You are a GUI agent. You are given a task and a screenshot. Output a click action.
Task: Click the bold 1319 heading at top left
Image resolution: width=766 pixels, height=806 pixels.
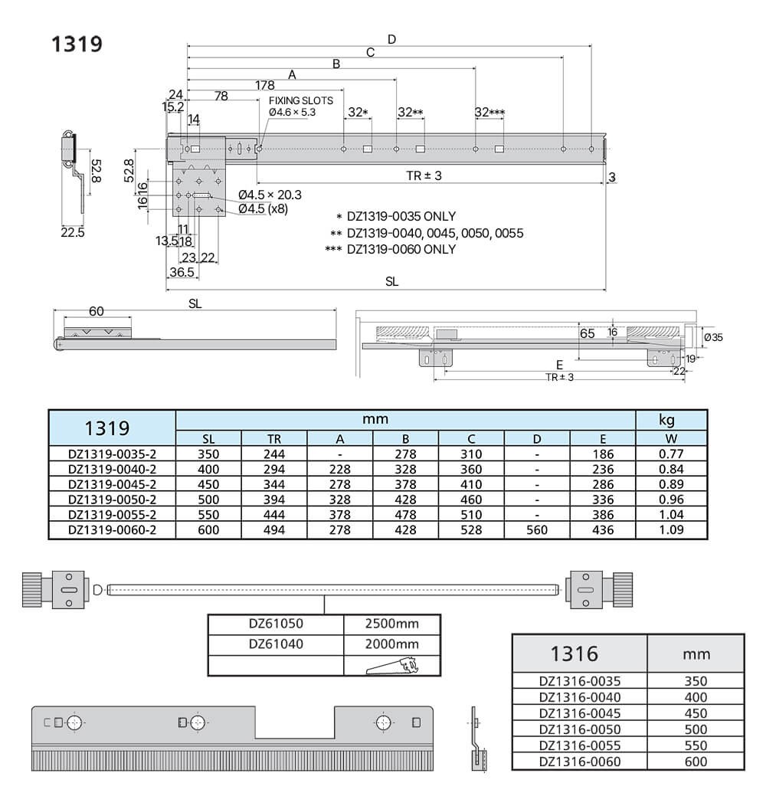point(77,44)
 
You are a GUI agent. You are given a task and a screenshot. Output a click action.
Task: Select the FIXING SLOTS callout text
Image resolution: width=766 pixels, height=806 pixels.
point(301,100)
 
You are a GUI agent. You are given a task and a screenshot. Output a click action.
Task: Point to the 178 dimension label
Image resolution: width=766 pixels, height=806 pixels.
point(265,85)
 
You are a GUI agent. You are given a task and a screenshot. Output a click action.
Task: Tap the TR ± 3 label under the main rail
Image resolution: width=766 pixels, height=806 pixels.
point(424,175)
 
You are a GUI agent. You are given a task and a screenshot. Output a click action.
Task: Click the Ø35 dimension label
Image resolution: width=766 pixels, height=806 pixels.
point(713,337)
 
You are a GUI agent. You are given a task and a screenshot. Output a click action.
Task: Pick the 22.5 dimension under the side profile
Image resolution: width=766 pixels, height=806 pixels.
point(73,232)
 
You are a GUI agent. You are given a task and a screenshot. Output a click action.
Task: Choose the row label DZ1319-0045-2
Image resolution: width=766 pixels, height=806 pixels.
point(112,484)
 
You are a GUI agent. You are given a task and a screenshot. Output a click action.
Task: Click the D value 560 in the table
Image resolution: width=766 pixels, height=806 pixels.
point(537,530)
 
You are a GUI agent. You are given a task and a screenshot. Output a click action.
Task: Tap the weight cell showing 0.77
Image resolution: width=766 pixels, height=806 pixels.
point(671,454)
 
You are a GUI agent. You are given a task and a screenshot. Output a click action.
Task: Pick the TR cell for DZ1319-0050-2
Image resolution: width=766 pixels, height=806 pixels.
point(274,500)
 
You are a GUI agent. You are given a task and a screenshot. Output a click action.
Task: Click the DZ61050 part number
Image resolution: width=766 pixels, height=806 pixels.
point(276,624)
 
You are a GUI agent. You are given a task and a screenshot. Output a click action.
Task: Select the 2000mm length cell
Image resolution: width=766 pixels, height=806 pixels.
point(393,644)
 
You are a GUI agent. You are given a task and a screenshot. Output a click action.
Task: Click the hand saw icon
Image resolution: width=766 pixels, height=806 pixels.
point(392,666)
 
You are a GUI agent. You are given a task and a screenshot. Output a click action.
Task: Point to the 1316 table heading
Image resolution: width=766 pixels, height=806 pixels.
point(574,654)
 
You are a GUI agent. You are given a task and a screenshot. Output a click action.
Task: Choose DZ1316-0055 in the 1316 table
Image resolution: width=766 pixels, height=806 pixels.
point(580,745)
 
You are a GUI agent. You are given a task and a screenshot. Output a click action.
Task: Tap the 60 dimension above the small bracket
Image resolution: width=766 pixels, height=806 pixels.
point(97,311)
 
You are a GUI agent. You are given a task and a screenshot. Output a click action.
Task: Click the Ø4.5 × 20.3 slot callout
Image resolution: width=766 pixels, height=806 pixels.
point(270,195)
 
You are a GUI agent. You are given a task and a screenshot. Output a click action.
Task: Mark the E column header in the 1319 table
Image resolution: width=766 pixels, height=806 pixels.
point(603,439)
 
